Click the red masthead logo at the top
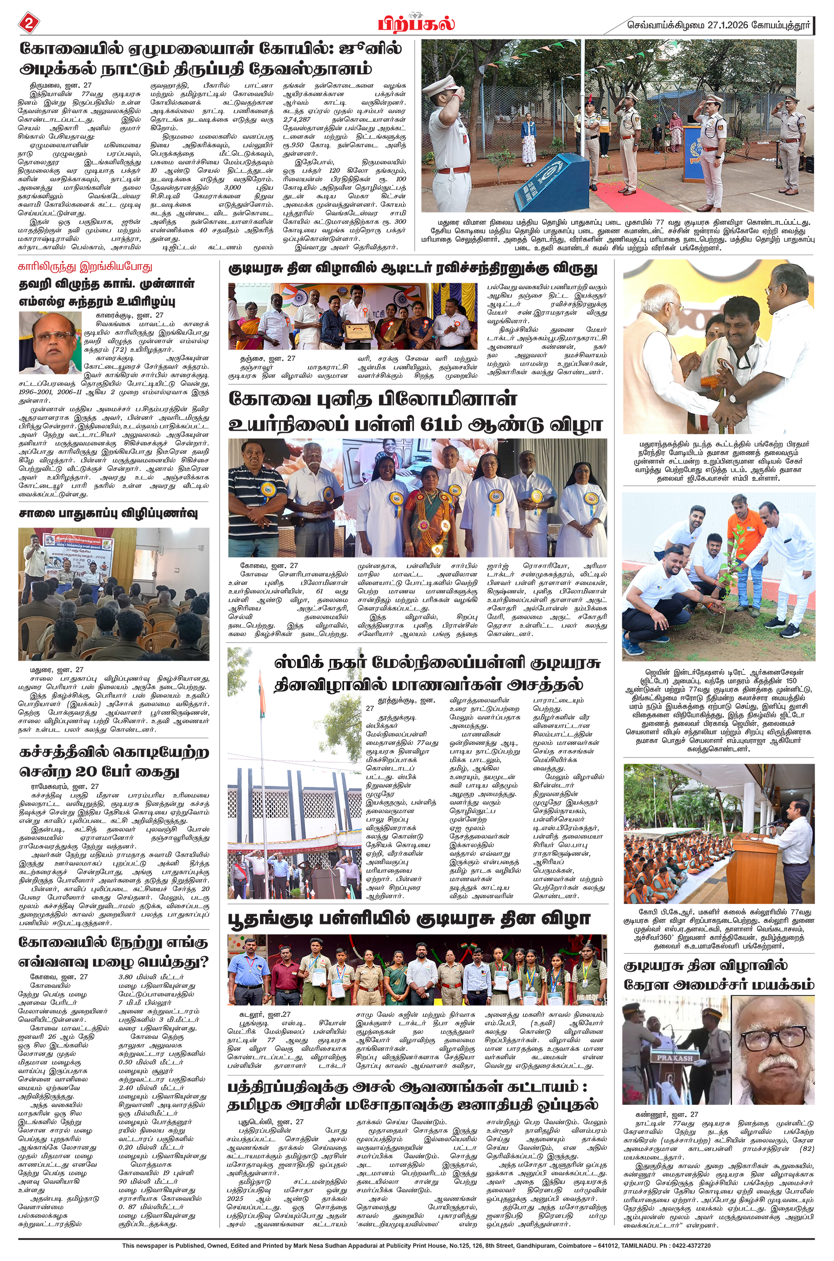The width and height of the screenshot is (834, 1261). click(417, 24)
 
